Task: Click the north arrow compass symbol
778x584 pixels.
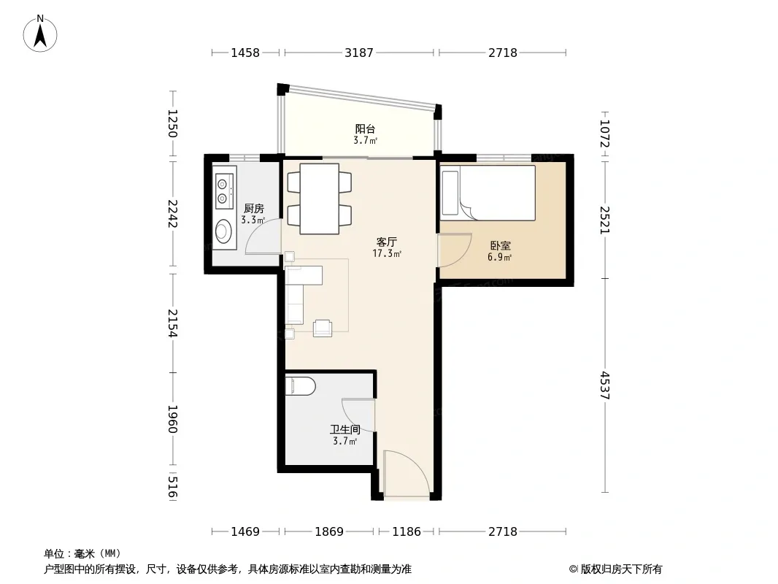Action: [40, 34]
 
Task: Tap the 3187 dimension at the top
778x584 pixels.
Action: [359, 53]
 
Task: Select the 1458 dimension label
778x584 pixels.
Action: [245, 53]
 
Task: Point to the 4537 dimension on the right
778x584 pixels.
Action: [605, 385]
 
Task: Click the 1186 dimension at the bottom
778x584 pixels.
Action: [407, 531]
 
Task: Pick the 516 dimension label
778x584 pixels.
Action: [172, 487]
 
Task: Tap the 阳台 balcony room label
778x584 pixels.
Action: [365, 129]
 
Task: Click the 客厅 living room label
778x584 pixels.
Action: [387, 242]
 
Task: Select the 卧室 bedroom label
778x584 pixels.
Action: [500, 245]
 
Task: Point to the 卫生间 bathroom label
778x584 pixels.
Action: [345, 430]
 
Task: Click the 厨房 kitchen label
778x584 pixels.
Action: [253, 209]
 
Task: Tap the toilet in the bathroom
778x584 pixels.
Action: [300, 386]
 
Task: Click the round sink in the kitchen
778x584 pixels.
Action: [223, 231]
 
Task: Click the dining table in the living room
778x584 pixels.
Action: [320, 199]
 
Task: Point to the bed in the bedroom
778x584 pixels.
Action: [488, 193]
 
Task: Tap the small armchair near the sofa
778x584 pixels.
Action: [323, 328]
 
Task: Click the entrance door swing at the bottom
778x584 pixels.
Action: [407, 473]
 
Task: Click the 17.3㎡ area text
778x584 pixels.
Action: [387, 254]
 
